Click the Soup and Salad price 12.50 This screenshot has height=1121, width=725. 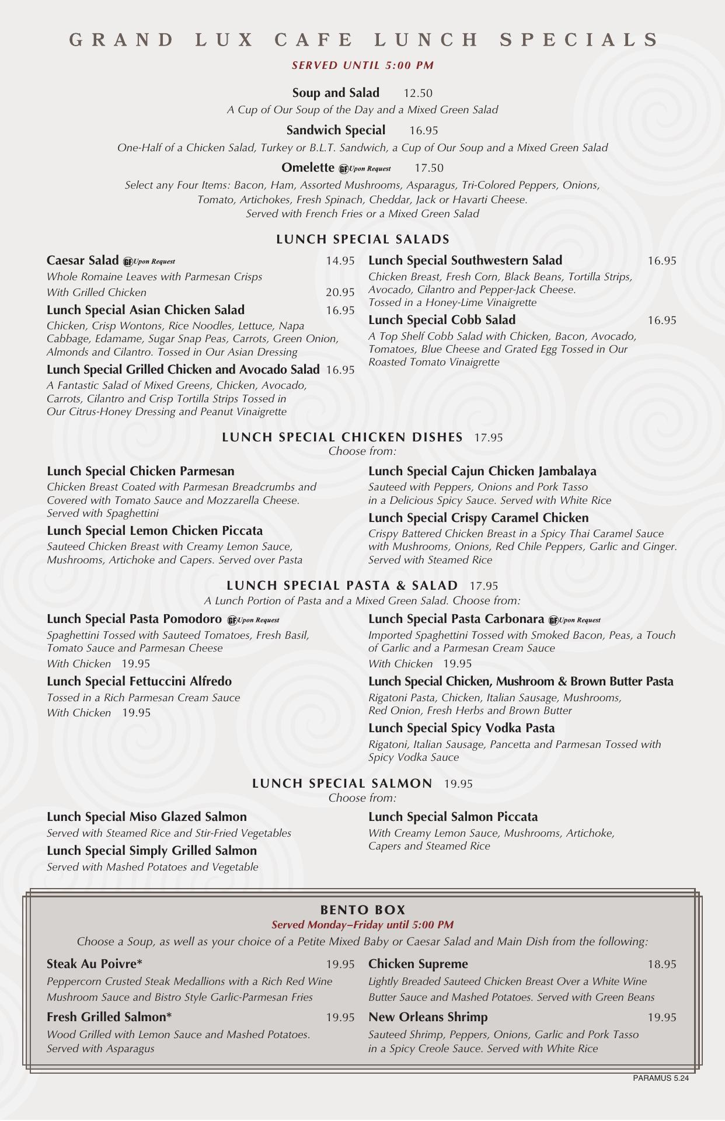pyautogui.click(x=417, y=93)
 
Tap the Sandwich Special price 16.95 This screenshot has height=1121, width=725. pyautogui.click(x=423, y=131)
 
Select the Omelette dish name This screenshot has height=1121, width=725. pyautogui.click(x=308, y=168)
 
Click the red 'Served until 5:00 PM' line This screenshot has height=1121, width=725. pyautogui.click(x=362, y=65)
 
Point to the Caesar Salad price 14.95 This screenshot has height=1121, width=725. pyautogui.click(x=340, y=261)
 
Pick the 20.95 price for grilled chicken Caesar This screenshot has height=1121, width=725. pyautogui.click(x=340, y=293)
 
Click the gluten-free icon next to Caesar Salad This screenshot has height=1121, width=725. pyautogui.click(x=128, y=262)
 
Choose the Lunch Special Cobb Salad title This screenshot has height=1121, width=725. pyautogui.click(x=442, y=320)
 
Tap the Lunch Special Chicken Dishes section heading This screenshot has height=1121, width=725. pyautogui.click(x=342, y=437)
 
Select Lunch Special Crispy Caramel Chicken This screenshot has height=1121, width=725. pyautogui.click(x=478, y=518)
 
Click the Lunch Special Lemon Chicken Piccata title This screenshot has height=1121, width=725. pyautogui.click(x=155, y=531)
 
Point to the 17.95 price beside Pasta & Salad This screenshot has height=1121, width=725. pyautogui.click(x=484, y=586)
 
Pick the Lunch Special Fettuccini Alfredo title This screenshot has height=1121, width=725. pyautogui.click(x=139, y=681)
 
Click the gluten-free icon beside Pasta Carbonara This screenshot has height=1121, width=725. pyautogui.click(x=553, y=620)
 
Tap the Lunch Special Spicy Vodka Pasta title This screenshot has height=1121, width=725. pyautogui.click(x=461, y=728)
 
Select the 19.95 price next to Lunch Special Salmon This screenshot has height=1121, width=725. pyautogui.click(x=458, y=784)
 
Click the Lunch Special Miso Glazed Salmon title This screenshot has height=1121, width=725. pyautogui.click(x=147, y=817)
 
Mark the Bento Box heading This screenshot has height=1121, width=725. pyautogui.click(x=362, y=910)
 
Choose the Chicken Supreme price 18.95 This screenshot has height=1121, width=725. pyautogui.click(x=661, y=965)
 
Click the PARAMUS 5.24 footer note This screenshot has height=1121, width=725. pyautogui.click(x=660, y=1078)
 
